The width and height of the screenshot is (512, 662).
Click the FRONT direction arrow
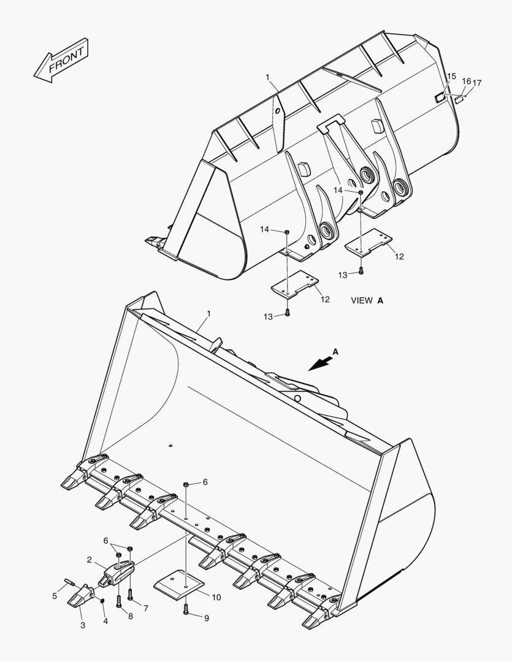tap(61, 60)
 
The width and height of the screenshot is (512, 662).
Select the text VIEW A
tap(367, 300)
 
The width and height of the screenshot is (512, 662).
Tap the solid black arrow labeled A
tap(319, 363)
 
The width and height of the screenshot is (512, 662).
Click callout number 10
tap(216, 597)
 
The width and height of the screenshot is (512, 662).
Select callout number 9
tap(206, 618)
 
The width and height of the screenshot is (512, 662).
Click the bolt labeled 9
tap(186, 609)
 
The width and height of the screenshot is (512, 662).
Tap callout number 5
tap(55, 595)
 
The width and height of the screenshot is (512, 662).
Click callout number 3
tap(82, 625)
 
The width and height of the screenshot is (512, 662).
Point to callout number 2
tap(89, 560)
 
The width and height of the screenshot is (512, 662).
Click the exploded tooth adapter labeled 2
tap(117, 571)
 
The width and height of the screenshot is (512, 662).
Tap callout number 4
tap(105, 622)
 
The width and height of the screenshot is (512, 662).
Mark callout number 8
tap(131, 616)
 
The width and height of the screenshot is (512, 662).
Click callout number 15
tap(451, 77)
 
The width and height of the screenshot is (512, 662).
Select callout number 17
tap(477, 83)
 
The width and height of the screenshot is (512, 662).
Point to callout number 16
tap(466, 81)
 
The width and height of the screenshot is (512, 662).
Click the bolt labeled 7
tap(130, 594)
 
